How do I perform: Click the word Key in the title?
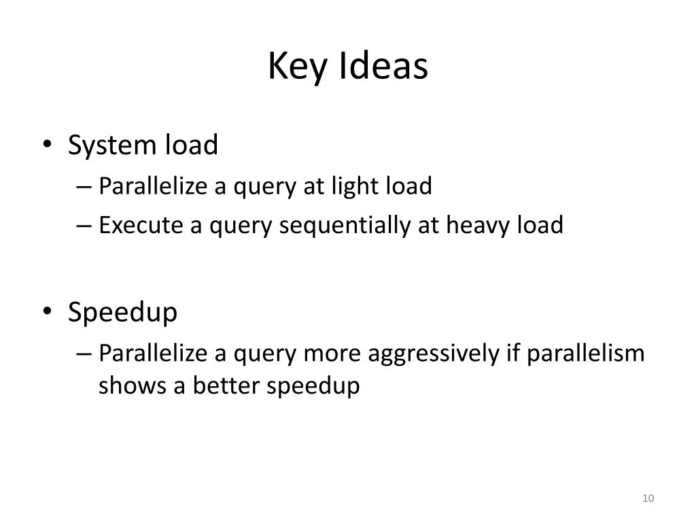tap(290, 67)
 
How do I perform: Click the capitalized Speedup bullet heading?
tap(122, 313)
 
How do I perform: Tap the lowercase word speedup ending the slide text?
tap(312, 387)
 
